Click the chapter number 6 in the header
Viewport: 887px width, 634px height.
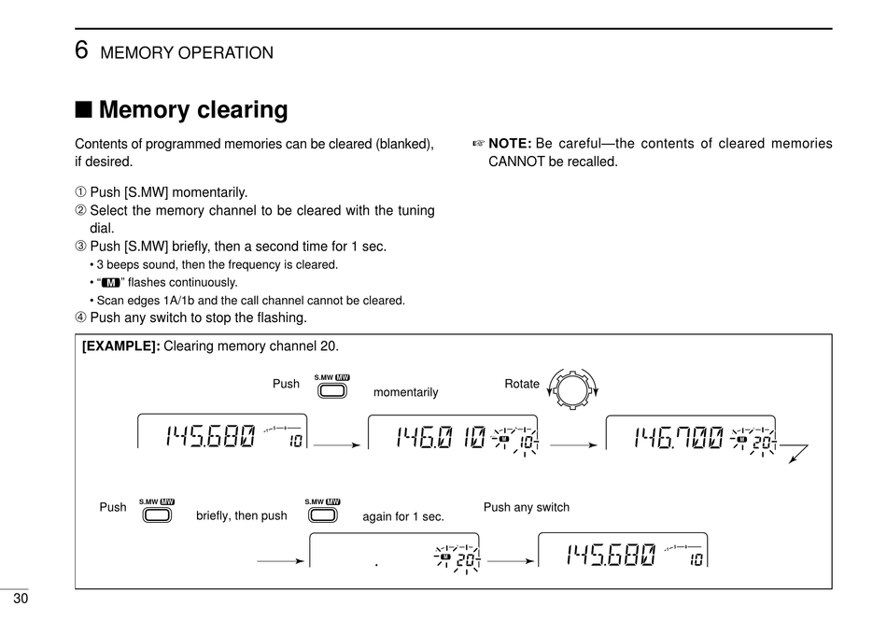81,51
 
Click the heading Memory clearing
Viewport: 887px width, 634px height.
192,110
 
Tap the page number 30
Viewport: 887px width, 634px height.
21,600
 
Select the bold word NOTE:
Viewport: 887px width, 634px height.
510,144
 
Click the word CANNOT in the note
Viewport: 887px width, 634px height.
516,162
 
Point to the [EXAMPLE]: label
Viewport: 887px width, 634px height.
121,346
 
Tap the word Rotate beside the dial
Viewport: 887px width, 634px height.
521,384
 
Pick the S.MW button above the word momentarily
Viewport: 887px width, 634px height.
331,389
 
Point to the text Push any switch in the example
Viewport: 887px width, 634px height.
526,507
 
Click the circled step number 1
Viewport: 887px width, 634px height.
80,192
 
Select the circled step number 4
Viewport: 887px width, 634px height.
80,317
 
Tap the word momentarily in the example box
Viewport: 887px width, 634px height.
405,392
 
